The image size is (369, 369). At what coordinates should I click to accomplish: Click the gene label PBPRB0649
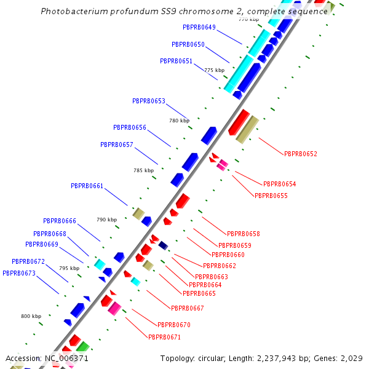click(x=199, y=27)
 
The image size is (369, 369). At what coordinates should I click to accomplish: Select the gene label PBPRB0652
click(x=301, y=154)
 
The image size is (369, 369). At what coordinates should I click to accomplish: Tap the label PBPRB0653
click(x=149, y=101)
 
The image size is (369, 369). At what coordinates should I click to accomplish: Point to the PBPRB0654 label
click(x=280, y=184)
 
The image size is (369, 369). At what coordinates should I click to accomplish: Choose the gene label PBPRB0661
click(x=87, y=186)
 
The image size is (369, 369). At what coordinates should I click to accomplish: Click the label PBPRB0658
click(x=244, y=234)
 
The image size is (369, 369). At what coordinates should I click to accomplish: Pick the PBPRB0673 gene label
click(x=19, y=273)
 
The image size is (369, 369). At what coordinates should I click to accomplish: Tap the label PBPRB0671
click(x=165, y=337)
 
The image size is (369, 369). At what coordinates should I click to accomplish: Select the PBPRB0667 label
click(x=188, y=308)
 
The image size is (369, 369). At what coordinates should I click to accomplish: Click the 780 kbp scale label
click(x=179, y=121)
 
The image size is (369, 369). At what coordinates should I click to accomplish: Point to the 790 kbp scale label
click(x=106, y=220)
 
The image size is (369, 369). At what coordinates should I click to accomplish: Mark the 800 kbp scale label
click(x=31, y=316)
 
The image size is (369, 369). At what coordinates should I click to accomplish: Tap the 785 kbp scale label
click(x=143, y=170)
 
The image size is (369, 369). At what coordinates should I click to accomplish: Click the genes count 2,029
click(x=351, y=358)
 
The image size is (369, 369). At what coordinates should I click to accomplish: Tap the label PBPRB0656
click(x=130, y=127)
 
